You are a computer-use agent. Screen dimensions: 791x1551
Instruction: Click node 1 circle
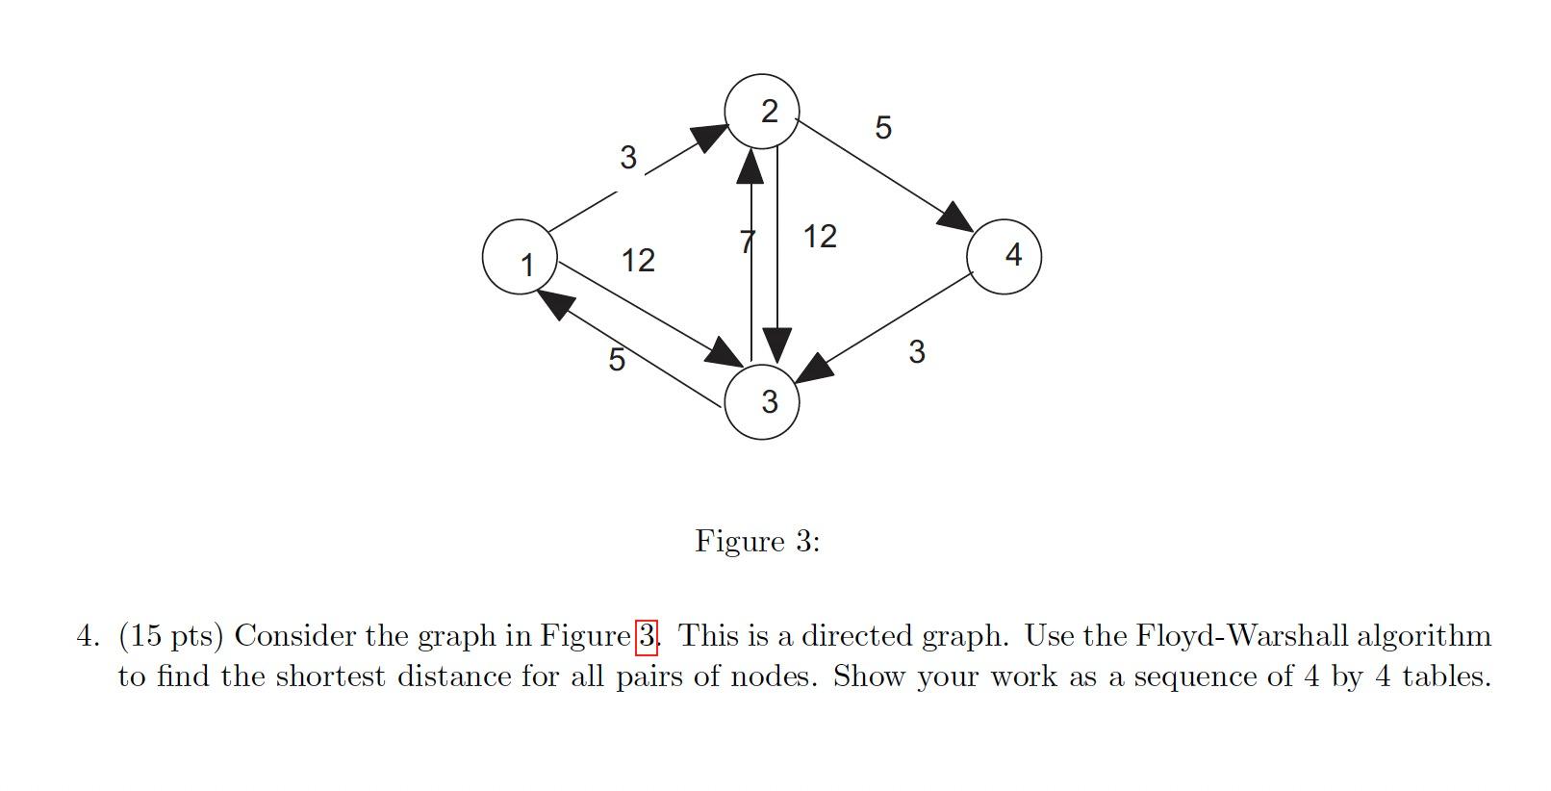520,257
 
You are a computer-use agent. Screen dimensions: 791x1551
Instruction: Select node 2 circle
762,112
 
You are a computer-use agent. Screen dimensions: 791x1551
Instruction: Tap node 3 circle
762,402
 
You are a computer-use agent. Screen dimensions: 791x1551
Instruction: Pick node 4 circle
1004,256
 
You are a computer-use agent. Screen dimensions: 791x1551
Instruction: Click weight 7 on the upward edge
748,242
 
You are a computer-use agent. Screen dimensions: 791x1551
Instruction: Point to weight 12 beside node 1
638,260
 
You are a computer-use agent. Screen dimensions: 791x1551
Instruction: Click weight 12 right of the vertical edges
820,236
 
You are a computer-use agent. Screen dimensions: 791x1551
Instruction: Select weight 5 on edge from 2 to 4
883,127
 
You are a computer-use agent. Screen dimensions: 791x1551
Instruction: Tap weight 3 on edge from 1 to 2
628,157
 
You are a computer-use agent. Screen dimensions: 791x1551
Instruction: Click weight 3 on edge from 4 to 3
916,352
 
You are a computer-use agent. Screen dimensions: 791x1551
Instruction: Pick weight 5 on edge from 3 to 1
617,359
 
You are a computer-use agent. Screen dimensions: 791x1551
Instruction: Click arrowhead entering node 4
956,217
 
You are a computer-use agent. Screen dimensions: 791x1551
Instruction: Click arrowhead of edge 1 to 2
710,138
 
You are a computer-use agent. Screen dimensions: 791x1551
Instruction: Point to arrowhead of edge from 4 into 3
814,370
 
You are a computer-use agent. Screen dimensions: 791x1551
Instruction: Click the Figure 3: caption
757,541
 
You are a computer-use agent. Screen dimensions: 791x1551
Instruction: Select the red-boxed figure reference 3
647,636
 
